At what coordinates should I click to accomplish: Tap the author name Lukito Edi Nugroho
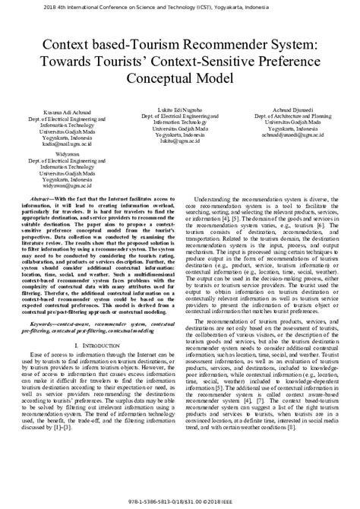pyautogui.click(x=179, y=109)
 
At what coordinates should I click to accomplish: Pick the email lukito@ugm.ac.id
pyautogui.click(x=179, y=141)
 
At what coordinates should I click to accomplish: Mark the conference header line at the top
pyautogui.click(x=179, y=5)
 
